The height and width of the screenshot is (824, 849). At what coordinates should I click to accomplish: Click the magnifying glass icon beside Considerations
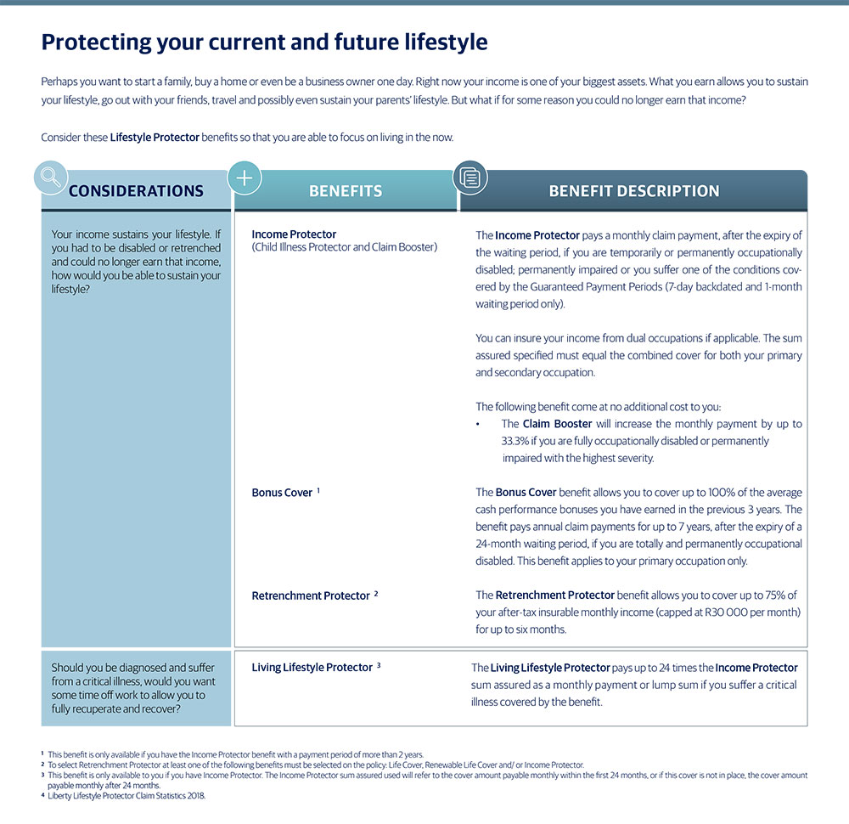coord(50,177)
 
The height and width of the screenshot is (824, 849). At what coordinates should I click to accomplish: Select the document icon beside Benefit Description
coord(469,178)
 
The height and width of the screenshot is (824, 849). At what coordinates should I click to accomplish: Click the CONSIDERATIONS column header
coord(136,191)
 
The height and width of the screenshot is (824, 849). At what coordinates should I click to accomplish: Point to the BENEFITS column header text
coord(346,191)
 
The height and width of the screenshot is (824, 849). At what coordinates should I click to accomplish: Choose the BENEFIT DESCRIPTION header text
coord(633,191)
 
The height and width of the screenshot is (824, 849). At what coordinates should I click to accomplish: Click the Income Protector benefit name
coord(294,234)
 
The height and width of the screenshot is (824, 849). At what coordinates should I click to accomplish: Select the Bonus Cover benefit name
coord(282,493)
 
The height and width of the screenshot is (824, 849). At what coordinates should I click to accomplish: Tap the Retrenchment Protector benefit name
coord(311,596)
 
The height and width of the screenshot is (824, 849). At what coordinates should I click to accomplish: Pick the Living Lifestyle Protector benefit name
coord(312,668)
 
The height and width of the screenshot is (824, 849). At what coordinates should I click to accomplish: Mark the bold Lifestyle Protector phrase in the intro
coord(155,138)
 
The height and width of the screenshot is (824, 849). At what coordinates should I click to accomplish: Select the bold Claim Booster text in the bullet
coord(557,424)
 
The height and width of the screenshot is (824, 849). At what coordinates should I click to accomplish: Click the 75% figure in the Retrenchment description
coord(781,595)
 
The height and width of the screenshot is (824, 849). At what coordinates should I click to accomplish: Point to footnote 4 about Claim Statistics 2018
coord(127,796)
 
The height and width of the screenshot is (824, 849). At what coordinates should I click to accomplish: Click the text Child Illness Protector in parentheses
coord(308,247)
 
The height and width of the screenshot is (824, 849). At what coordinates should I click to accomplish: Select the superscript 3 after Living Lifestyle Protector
coord(379,665)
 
